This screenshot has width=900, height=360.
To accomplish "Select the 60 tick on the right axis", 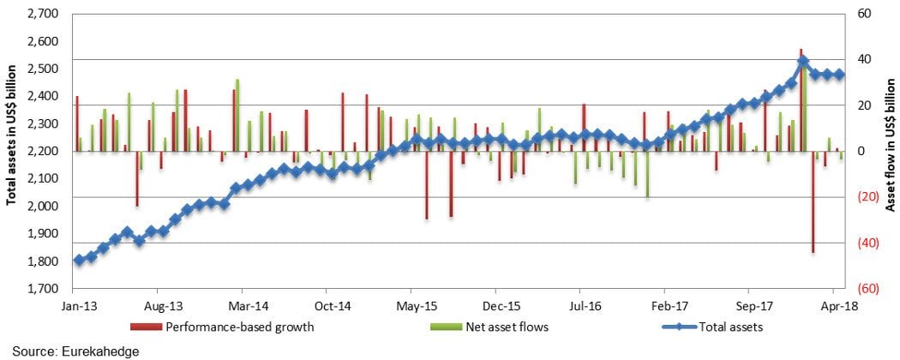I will tap(863, 14).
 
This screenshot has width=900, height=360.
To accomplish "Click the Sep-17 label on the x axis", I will tap(753, 304).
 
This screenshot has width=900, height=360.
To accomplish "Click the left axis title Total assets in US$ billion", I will tap(12, 151).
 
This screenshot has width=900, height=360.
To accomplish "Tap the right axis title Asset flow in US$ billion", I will tap(890, 151).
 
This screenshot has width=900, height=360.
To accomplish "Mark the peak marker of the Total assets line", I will tap(802, 62).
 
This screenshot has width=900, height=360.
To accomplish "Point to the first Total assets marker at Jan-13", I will tap(79, 260).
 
